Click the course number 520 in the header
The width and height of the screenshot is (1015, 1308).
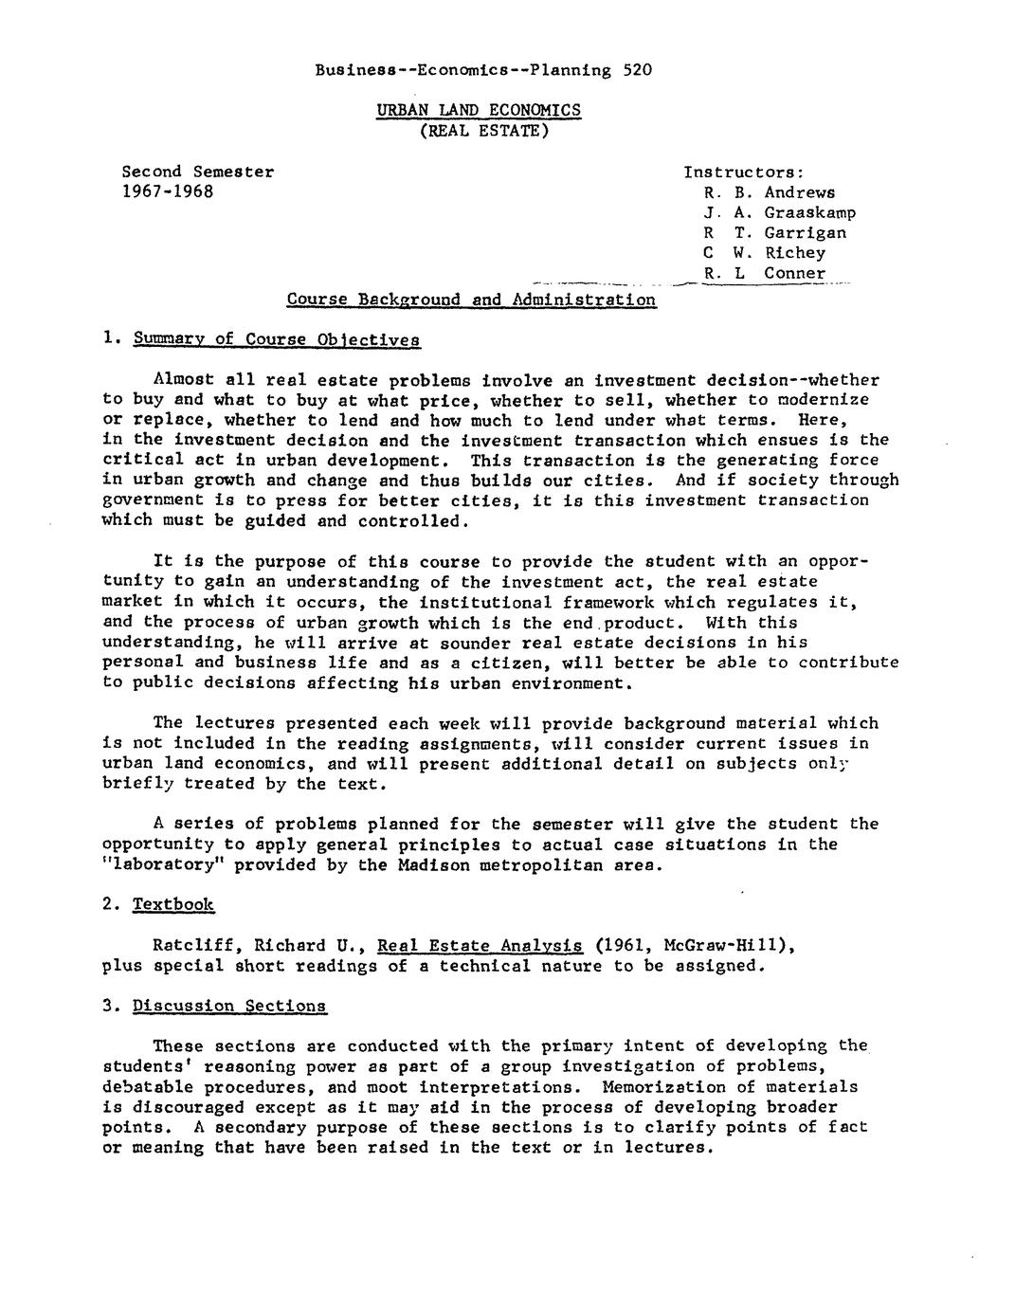[638, 69]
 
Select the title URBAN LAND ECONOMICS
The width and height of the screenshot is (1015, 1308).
[479, 110]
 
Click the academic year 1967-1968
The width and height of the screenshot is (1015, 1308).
[168, 191]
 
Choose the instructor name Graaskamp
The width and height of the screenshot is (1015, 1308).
[809, 212]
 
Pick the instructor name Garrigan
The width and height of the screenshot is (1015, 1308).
[805, 232]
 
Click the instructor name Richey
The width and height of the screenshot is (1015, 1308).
[794, 252]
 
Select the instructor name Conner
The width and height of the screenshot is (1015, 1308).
[794, 273]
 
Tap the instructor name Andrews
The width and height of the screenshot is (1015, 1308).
[799, 191]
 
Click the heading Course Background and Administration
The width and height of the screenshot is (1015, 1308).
[471, 300]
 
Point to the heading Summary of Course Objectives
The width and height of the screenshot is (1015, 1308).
[276, 339]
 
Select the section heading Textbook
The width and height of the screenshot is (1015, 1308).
[173, 904]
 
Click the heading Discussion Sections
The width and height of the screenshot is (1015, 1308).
[229, 1005]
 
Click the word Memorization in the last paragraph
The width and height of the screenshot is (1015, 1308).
[663, 1086]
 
